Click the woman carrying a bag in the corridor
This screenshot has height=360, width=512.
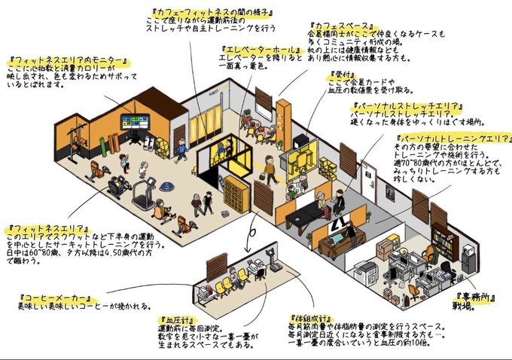pos(270,170)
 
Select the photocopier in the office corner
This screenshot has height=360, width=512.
pos(364,271)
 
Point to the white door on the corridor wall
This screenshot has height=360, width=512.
pos(367,180)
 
